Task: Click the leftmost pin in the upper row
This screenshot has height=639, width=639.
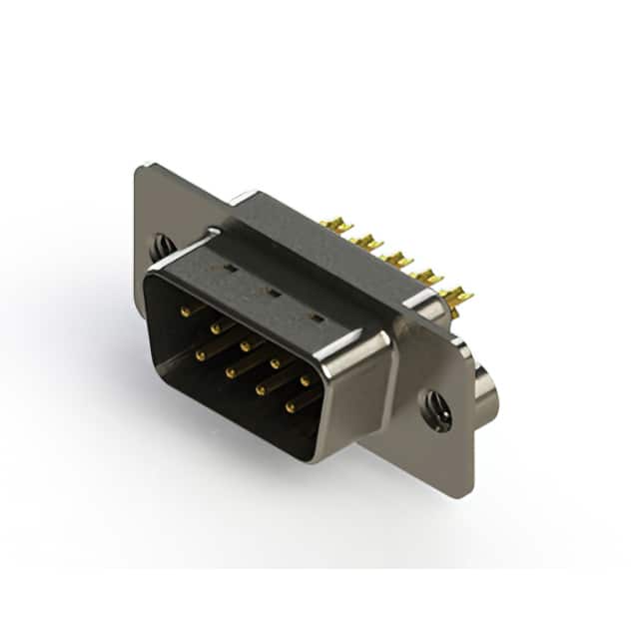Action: (x=186, y=312)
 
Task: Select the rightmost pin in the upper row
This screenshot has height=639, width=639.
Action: (x=305, y=380)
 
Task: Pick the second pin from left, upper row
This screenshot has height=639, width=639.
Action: (x=215, y=327)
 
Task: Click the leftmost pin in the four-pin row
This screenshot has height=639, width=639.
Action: (x=201, y=354)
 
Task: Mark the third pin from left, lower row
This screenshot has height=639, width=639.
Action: (x=261, y=389)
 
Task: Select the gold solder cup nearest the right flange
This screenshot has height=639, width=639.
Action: (x=457, y=296)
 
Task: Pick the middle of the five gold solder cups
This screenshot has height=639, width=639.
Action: (x=397, y=260)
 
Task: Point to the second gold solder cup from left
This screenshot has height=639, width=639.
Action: (x=367, y=243)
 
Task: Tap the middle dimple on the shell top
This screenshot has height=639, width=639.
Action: (x=271, y=294)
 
